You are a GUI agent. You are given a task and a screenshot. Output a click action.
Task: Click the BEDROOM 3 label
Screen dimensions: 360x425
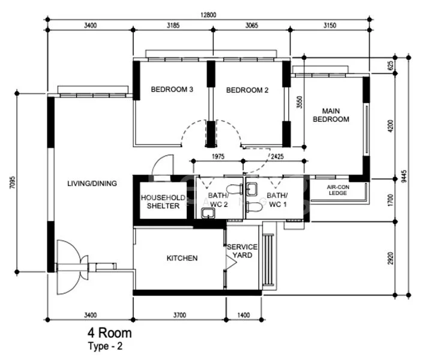(x=172, y=90)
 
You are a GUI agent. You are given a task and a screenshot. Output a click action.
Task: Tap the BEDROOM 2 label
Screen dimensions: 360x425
(x=247, y=90)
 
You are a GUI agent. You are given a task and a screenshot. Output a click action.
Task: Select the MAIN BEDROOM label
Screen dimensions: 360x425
(x=335, y=115)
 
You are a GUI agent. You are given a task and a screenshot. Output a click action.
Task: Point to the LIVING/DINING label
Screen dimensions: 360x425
(x=92, y=184)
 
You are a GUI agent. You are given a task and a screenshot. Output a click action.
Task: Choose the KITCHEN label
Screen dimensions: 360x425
(x=181, y=258)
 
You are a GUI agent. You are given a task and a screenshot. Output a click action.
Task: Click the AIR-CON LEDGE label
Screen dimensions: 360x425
(x=338, y=190)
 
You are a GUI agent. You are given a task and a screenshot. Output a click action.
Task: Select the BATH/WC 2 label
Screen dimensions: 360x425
(x=218, y=200)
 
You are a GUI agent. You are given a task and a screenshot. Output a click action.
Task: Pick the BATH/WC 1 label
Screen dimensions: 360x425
(x=277, y=200)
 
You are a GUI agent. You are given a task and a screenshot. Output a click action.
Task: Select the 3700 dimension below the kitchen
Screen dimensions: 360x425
(x=179, y=314)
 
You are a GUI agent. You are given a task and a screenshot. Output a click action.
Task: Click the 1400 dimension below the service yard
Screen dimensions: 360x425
(x=243, y=314)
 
